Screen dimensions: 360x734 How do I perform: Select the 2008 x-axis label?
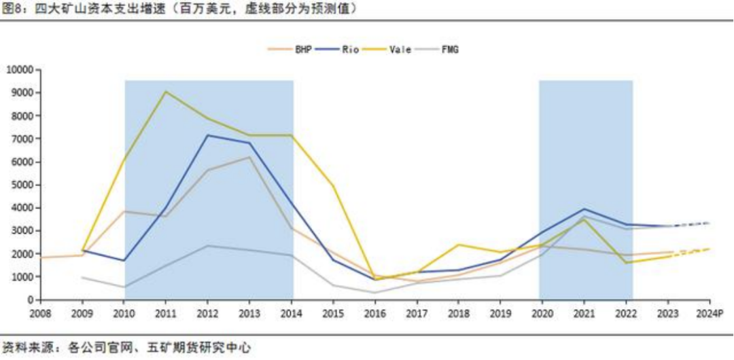point(41,314)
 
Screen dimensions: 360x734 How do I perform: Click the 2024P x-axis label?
point(707,314)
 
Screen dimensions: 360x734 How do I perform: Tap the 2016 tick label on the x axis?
point(374,314)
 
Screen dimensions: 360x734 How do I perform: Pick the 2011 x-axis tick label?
point(166,314)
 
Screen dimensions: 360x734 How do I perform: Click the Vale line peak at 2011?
point(166,92)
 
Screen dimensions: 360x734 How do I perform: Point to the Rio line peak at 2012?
point(207,135)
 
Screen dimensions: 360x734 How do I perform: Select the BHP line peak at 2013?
point(249,158)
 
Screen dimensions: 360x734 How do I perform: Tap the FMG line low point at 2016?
point(374,293)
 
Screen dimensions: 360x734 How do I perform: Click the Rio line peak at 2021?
point(583,209)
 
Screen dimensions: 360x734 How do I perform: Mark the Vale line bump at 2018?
point(458,245)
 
